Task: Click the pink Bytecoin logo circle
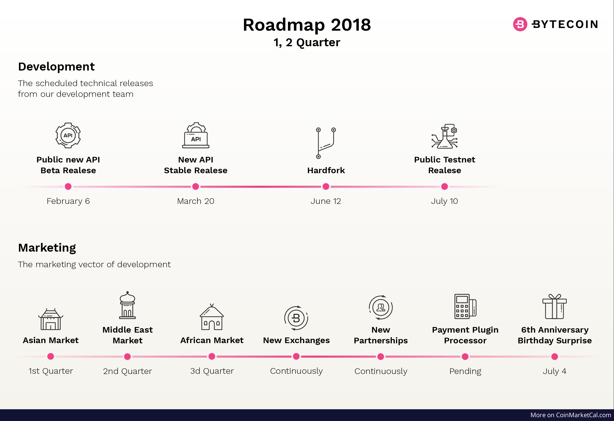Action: pos(520,24)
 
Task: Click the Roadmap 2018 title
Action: pos(307,25)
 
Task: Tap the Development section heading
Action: pos(56,67)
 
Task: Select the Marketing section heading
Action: pos(47,248)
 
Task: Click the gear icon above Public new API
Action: pos(68,135)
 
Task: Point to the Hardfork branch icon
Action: pos(326,143)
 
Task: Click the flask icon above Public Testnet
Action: pos(445,136)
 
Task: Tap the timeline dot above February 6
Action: pos(68,186)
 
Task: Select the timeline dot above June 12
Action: pos(326,186)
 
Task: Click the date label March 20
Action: pos(196,201)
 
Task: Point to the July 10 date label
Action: pos(444,201)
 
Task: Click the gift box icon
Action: pos(555,307)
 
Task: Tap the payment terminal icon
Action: pos(465,307)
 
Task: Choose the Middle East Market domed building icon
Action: pos(127,305)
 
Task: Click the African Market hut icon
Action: pos(212,317)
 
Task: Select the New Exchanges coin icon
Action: pos(296,318)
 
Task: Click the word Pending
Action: pos(465,371)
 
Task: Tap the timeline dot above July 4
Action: pos(555,357)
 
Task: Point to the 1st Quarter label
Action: pos(51,371)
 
